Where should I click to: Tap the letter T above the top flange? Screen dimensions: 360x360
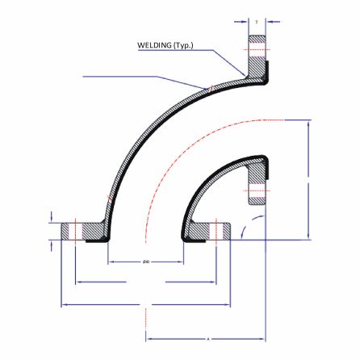click(257, 22)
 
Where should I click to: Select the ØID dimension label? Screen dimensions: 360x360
click(146, 262)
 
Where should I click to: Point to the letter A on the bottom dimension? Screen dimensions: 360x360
click(207, 338)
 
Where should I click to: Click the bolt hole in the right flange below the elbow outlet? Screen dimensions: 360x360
click(257, 192)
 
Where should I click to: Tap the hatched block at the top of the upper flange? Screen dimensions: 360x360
click(257, 38)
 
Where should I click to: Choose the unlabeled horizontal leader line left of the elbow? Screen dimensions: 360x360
click(121, 77)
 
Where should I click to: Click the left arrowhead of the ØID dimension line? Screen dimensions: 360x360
click(111, 262)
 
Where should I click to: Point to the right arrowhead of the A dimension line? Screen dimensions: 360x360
click(263, 338)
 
